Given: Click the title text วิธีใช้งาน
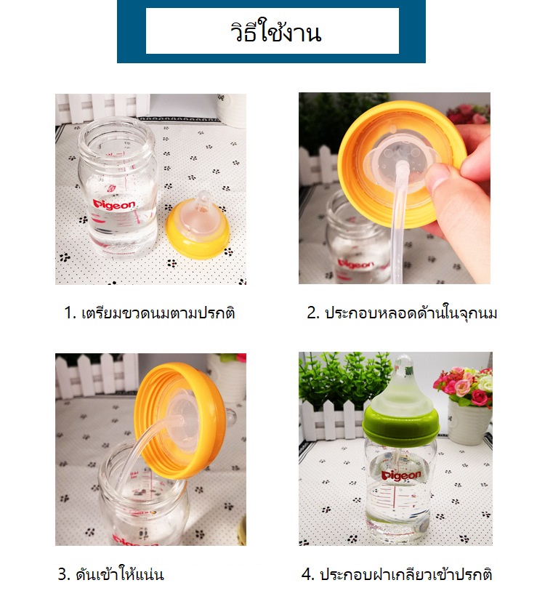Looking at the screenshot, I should tap(272, 33).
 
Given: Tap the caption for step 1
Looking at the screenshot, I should tap(150, 314).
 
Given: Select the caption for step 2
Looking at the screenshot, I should tap(402, 314).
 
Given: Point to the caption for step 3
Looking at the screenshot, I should tap(110, 574).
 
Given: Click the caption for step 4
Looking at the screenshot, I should tap(397, 574).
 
